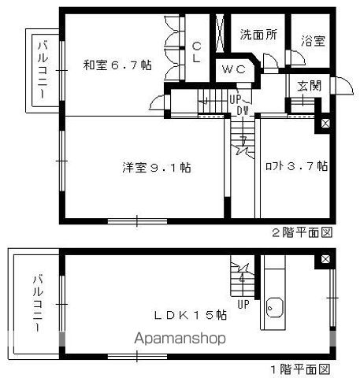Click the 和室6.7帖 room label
[117, 65]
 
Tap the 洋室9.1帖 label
[157, 167]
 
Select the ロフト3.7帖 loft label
[297, 166]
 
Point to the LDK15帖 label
[190, 315]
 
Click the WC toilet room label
[234, 69]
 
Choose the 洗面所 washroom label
[258, 35]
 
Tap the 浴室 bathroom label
[313, 41]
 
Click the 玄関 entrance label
[310, 86]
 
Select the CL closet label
[197, 53]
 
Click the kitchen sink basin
[275, 308]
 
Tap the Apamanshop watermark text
[180, 339]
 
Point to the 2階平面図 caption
[302, 232]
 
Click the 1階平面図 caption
[300, 370]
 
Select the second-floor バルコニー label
[43, 69]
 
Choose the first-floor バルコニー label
[37, 303]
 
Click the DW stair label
[243, 111]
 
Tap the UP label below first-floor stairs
[243, 305]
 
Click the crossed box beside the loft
[325, 124]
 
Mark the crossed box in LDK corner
[325, 259]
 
